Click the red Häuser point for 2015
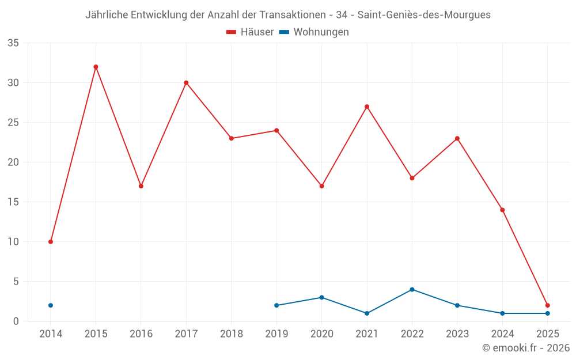pyautogui.click(x=96, y=67)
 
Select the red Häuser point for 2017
pyautogui.click(x=186, y=82)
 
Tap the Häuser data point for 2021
pyautogui.click(x=367, y=107)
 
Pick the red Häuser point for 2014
pyautogui.click(x=51, y=241)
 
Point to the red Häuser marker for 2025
pyautogui.click(x=547, y=305)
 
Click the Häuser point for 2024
pyautogui.click(x=502, y=210)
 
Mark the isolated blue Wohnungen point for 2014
pyautogui.click(x=51, y=305)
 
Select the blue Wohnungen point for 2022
pyautogui.click(x=412, y=289)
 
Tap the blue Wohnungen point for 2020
pyautogui.click(x=321, y=297)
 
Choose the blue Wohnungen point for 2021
pyautogui.click(x=367, y=313)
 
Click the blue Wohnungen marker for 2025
pyautogui.click(x=547, y=313)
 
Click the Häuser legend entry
pyautogui.click(x=250, y=32)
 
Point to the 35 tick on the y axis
pyautogui.click(x=13, y=43)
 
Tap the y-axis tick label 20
pyautogui.click(x=13, y=162)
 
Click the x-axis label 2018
pyautogui.click(x=231, y=334)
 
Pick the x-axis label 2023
pyautogui.click(x=457, y=334)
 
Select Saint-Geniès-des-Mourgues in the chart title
pyautogui.click(x=424, y=15)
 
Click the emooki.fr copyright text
pyautogui.click(x=526, y=348)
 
